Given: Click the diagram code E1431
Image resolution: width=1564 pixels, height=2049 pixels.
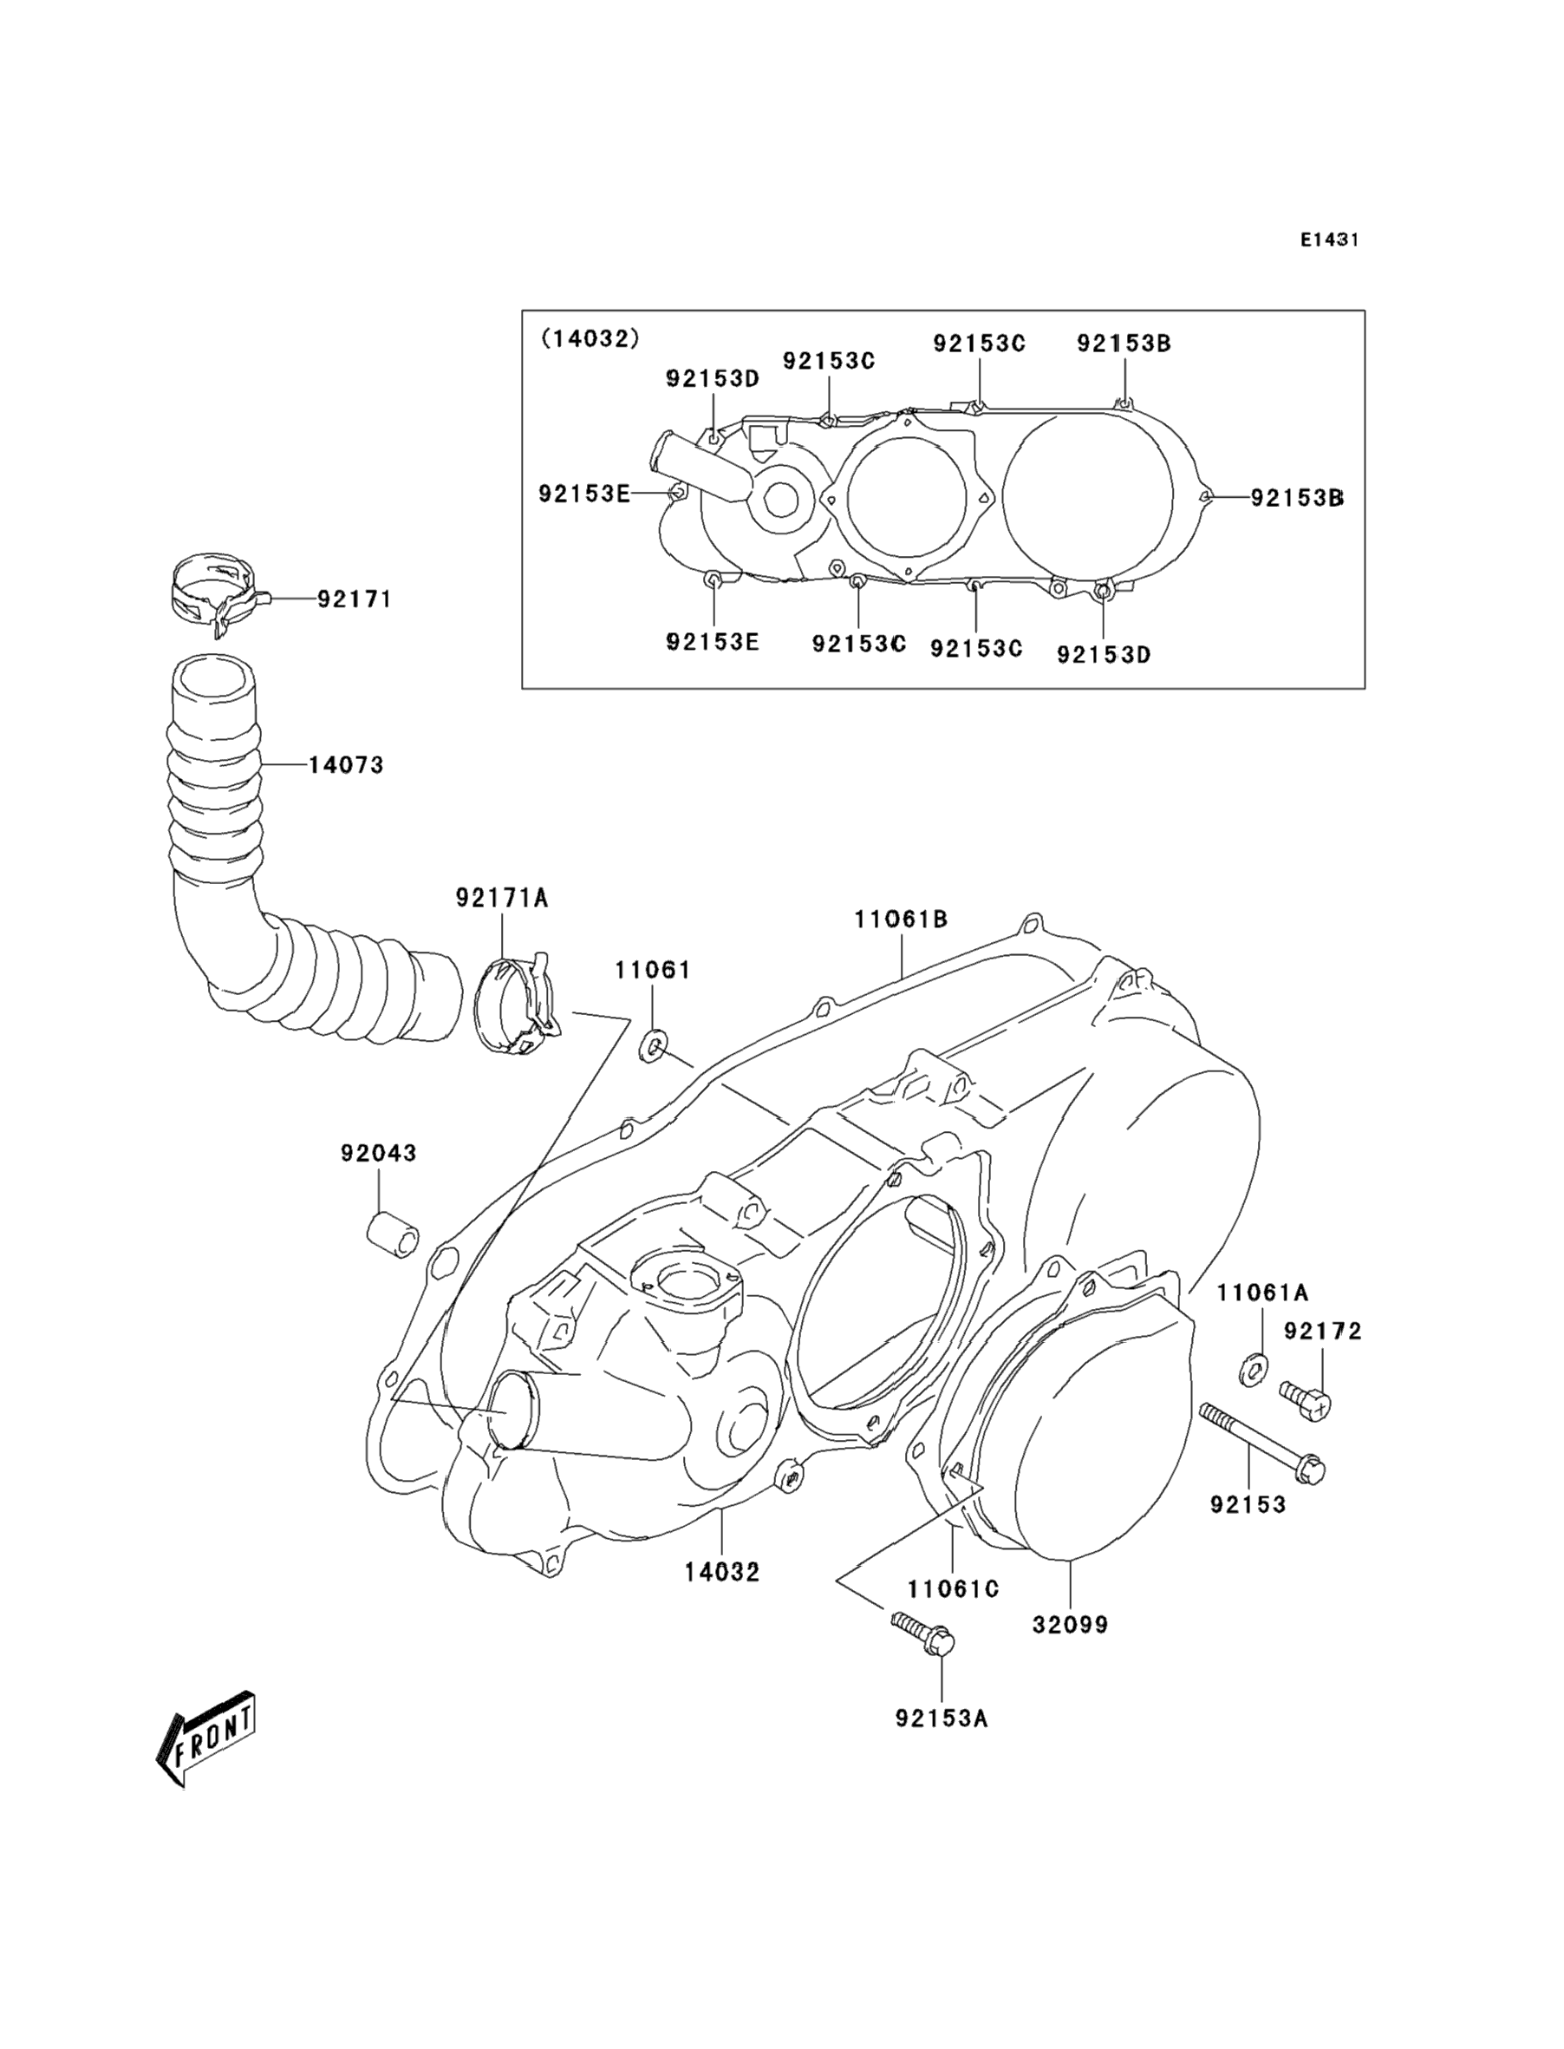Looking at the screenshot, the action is coord(1329,239).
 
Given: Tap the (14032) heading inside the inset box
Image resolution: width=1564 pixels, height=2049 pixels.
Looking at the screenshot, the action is coord(591,338).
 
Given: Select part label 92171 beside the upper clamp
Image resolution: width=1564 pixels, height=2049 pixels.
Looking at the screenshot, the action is coord(354,599).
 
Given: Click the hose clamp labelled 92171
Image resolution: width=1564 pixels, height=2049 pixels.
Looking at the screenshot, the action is coord(219,592).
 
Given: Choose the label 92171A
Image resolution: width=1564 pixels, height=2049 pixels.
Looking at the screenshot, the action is coord(502,898).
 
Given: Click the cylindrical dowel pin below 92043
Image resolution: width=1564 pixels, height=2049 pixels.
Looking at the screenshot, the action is coord(391,1235).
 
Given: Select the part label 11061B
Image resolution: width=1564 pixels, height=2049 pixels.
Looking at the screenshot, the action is coord(901,920).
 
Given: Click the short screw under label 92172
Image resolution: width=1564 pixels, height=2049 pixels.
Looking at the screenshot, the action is coord(1305,1401).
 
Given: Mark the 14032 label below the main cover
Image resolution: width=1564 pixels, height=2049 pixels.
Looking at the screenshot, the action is coord(722,1572).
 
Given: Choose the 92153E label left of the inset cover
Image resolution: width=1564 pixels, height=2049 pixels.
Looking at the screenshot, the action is coord(584,494).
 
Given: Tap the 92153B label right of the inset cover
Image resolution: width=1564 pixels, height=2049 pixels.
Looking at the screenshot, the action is coord(1297,498).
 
